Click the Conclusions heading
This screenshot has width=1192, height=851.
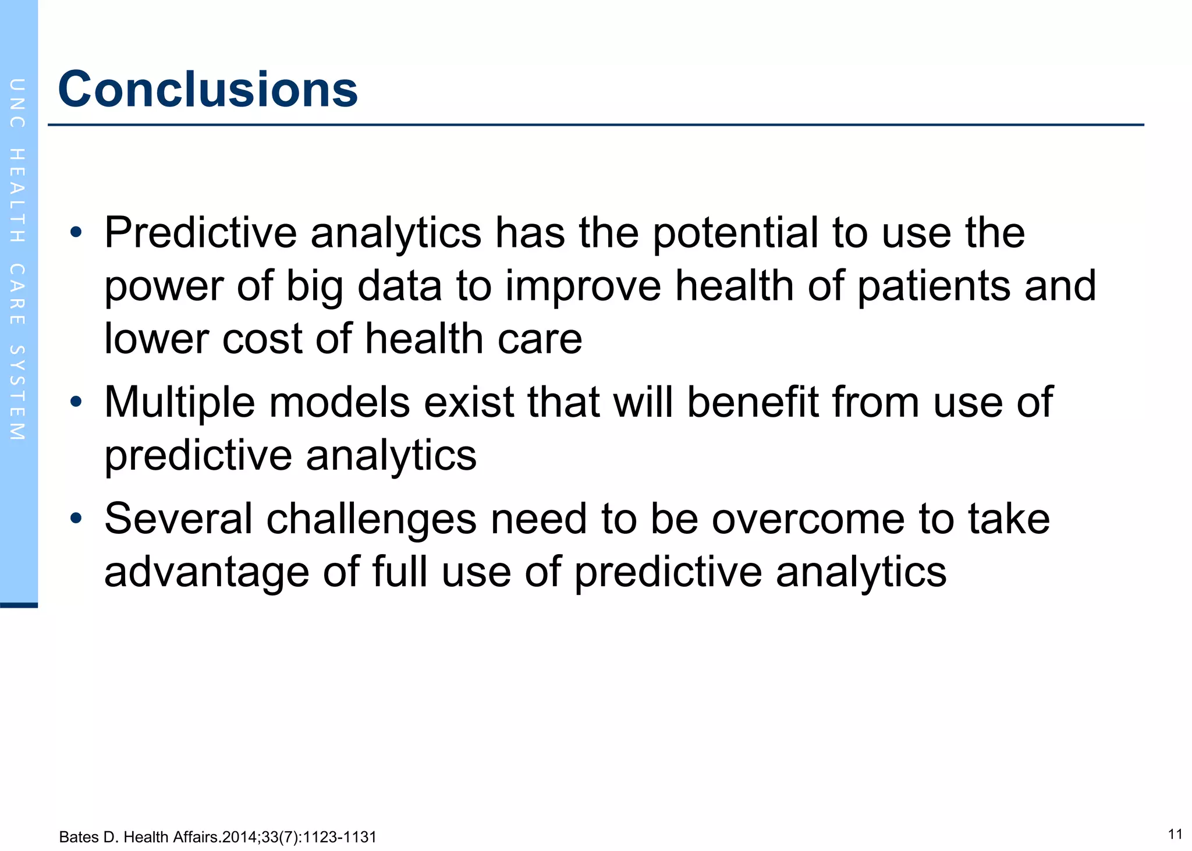208,89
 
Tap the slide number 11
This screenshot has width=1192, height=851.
1175,834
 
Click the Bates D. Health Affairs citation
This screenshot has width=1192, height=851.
218,837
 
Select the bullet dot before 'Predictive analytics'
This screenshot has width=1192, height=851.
76,233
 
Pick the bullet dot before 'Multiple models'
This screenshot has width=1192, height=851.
76,402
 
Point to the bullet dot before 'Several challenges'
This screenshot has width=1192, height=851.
76,518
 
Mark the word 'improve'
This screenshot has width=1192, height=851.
583,286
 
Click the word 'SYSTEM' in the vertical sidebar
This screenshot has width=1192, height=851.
17,392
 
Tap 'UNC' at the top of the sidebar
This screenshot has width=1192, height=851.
17,103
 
